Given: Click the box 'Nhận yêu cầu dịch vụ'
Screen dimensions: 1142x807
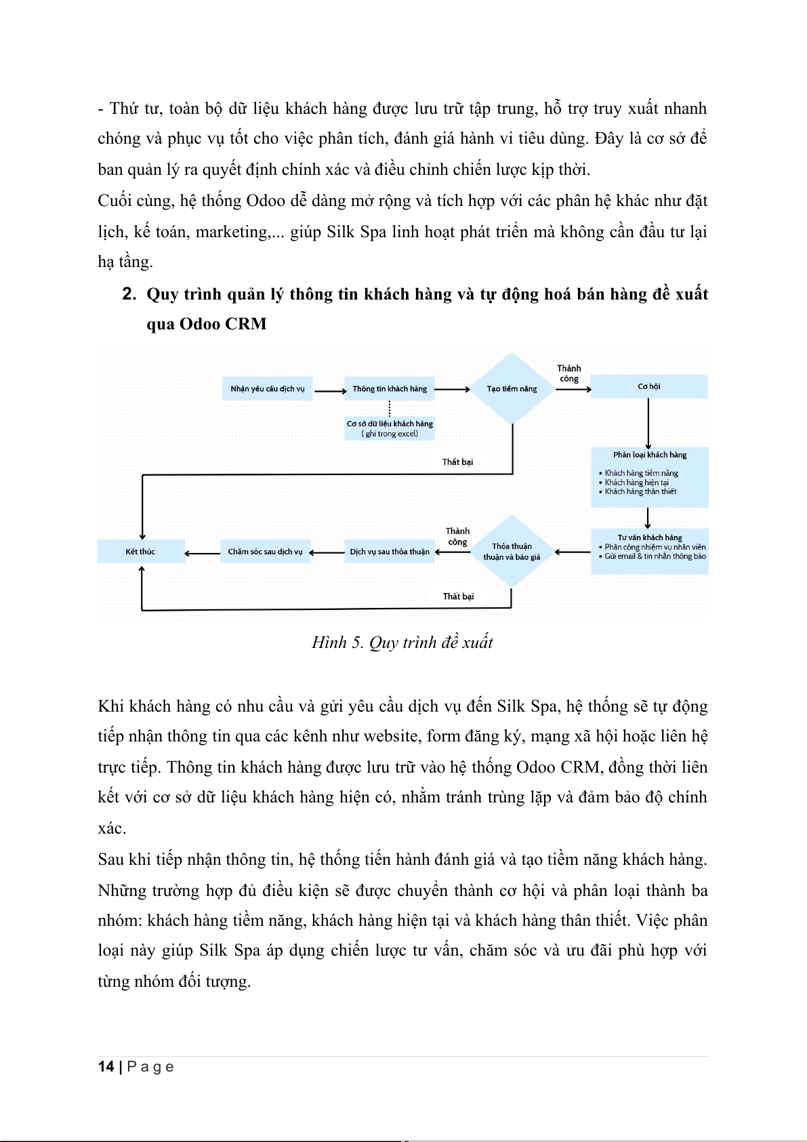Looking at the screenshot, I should tap(268, 389).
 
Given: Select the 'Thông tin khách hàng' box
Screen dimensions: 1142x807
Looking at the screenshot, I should tap(390, 389).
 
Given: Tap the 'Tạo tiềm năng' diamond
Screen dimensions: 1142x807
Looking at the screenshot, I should tap(512, 389).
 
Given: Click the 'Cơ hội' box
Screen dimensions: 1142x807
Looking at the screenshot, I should tap(648, 386).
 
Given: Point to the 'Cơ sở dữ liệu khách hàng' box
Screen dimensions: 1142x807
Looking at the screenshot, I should tap(390, 428).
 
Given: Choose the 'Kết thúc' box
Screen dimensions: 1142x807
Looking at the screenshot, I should tap(140, 552).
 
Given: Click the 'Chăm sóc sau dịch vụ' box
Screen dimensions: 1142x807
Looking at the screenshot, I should tap(265, 552).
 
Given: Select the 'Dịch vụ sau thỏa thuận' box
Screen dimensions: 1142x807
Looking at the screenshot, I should tap(390, 552).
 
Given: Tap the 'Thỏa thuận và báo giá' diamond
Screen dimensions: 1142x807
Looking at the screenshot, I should tap(512, 552).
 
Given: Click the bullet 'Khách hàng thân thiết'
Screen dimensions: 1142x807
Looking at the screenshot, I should tap(640, 492).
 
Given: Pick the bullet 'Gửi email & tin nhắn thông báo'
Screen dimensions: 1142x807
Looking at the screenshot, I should tap(655, 556).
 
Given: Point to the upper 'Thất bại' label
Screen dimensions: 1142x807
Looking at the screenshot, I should tap(457, 462).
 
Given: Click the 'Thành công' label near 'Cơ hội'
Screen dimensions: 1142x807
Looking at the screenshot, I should tap(569, 373).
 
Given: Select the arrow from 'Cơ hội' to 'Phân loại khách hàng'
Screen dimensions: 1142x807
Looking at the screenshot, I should tap(648, 423).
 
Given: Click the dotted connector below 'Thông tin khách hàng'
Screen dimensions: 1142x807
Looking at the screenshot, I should tap(390, 408).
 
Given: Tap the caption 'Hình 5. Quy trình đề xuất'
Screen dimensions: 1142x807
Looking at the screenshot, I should tap(402, 643).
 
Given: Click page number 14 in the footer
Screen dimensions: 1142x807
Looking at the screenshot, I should tap(106, 1067).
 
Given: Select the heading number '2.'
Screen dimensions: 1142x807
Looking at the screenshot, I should tap(129, 294).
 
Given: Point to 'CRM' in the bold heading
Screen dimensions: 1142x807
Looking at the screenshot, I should tap(246, 324).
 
